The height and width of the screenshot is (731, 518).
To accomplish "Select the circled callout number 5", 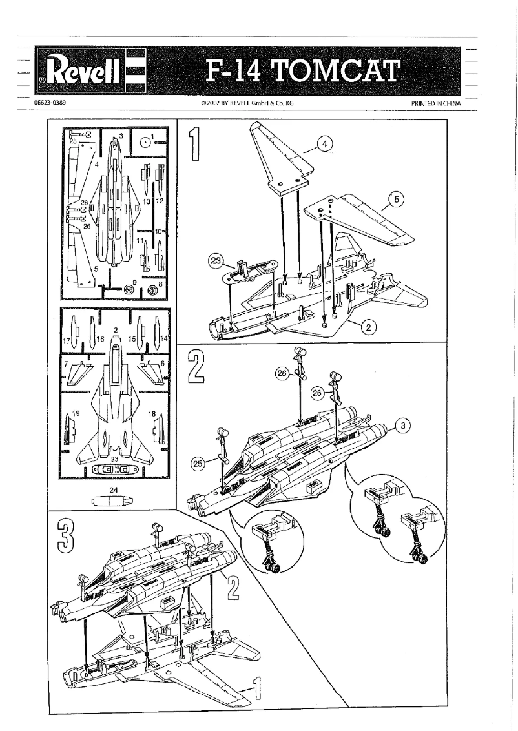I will pyautogui.click(x=399, y=200).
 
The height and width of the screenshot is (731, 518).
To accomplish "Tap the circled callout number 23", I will pyautogui.click(x=214, y=262).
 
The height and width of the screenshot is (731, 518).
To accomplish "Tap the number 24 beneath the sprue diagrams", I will pyautogui.click(x=114, y=490).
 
